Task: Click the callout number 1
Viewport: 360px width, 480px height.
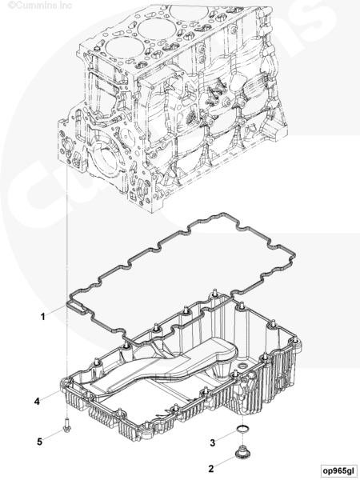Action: click(x=43, y=317)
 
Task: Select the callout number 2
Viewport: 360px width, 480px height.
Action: click(x=211, y=469)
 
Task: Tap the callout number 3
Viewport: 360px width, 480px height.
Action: click(x=213, y=442)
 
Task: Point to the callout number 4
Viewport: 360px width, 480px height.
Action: click(x=37, y=402)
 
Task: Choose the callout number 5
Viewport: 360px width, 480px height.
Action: click(x=39, y=442)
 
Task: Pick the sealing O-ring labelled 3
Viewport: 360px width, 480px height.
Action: click(x=243, y=430)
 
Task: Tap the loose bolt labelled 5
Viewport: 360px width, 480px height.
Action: click(x=66, y=426)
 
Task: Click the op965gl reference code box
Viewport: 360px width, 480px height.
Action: click(x=338, y=470)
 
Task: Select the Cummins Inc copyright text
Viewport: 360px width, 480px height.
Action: click(x=40, y=5)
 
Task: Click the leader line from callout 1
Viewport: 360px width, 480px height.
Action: click(x=56, y=309)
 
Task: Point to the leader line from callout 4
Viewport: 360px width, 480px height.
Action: click(x=50, y=395)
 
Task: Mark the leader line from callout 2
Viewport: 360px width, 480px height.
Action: click(x=225, y=462)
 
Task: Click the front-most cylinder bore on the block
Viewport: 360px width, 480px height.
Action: click(x=126, y=50)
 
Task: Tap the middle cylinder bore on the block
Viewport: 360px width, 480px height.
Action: click(x=157, y=29)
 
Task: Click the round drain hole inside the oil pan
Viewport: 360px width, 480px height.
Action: click(x=243, y=366)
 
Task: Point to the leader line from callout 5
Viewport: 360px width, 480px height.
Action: click(x=53, y=435)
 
